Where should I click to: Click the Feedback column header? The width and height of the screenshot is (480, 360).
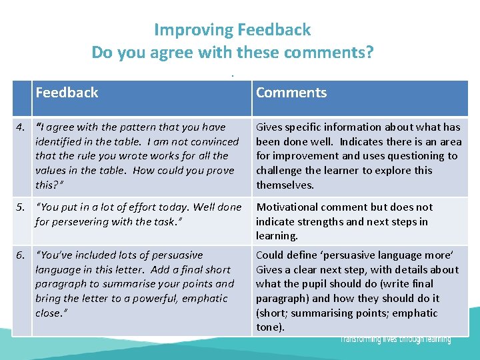coord(67,93)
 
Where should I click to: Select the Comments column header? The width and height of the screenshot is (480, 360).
coord(291,93)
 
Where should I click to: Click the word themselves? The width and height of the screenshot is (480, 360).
coord(285,185)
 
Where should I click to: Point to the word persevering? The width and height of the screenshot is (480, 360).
coord(75,221)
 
